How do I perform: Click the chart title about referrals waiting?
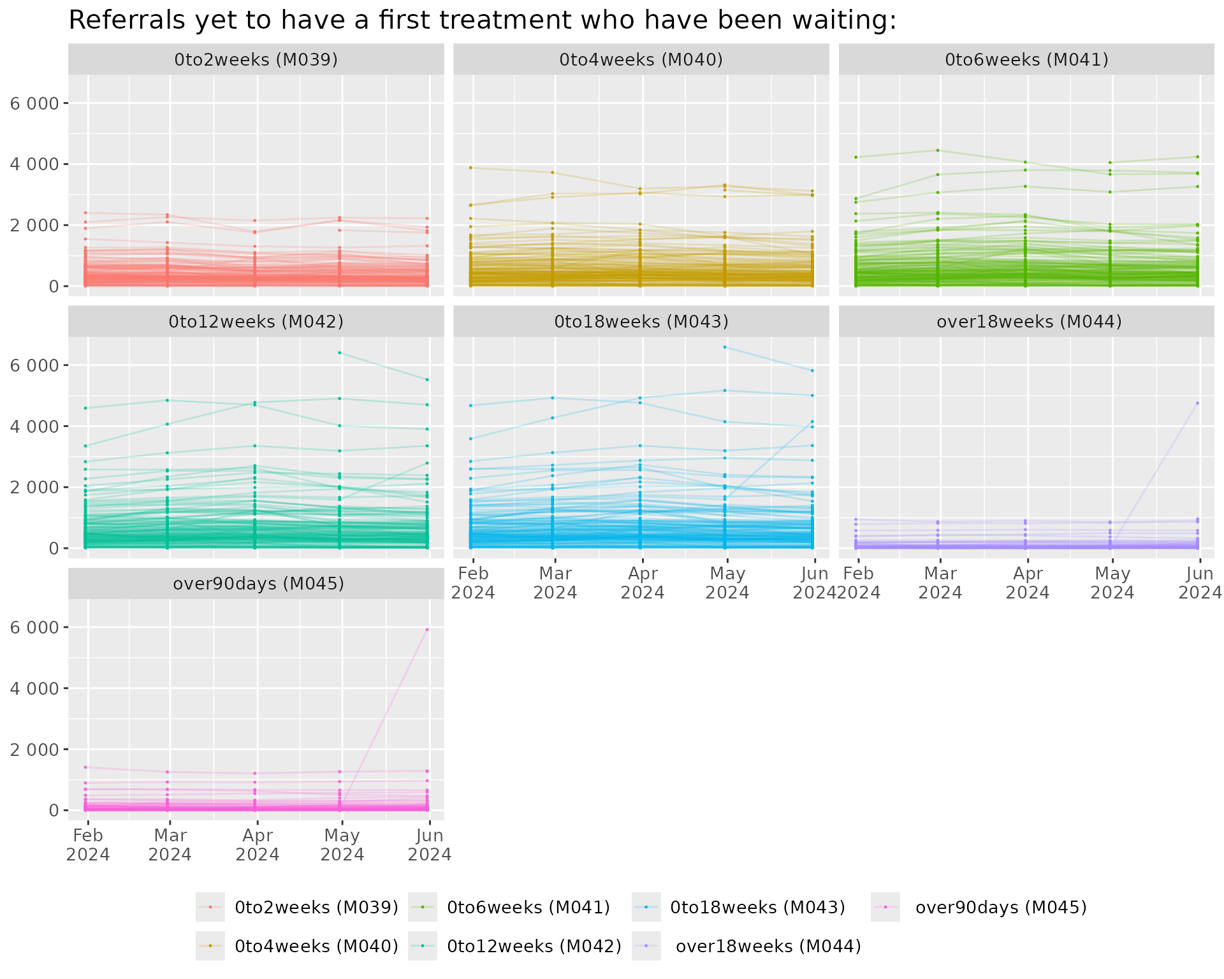pos(482,20)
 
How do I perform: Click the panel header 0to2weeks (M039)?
pos(256,59)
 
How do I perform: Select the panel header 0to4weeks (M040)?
pos(641,59)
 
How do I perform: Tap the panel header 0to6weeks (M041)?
pos(1026,59)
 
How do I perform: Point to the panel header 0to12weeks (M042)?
pos(256,321)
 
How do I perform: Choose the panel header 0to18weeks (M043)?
pos(641,321)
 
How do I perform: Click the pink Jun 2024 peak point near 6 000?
pos(427,630)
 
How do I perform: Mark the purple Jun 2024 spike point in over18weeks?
pos(1197,403)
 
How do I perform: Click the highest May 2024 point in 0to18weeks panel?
pos(725,347)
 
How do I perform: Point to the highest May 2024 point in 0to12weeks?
pos(340,352)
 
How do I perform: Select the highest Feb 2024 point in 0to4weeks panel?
pos(470,168)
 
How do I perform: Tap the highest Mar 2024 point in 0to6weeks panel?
pos(938,150)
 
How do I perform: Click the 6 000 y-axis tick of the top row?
pos(34,103)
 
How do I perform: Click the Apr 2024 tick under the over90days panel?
pos(257,845)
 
